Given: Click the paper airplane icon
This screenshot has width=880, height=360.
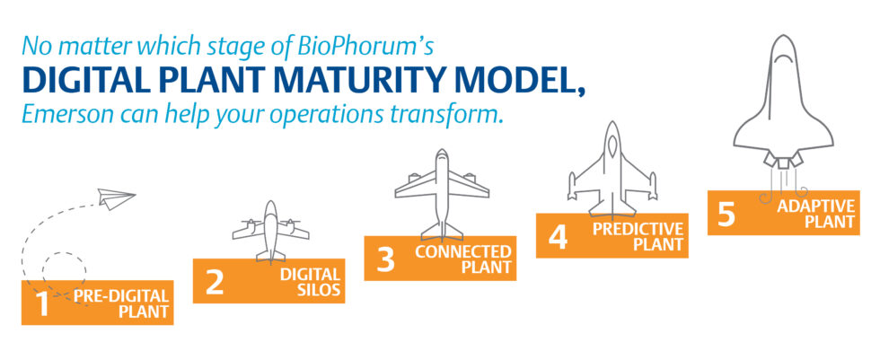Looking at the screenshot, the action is pos(116,198).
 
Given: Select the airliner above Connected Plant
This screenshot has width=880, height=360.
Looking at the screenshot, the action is pos(442,195).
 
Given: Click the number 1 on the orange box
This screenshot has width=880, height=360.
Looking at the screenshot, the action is pos(42,303).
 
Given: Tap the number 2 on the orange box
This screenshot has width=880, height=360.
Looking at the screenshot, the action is pos(215,282).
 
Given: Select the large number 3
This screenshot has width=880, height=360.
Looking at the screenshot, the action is pos(385,259).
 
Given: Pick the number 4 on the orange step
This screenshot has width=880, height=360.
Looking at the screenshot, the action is pos(558,236).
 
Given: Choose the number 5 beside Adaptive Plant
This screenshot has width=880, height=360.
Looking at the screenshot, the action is pos(726,214).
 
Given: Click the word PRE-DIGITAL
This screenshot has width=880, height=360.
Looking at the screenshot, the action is pos(121,295).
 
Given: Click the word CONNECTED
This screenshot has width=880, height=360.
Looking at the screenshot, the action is pos(463,251).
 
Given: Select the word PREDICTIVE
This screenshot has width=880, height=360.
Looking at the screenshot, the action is pos(638,229).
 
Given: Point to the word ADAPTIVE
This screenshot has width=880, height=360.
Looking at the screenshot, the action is pos(815,206).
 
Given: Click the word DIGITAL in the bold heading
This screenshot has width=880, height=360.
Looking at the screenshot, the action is pos(82,81).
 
